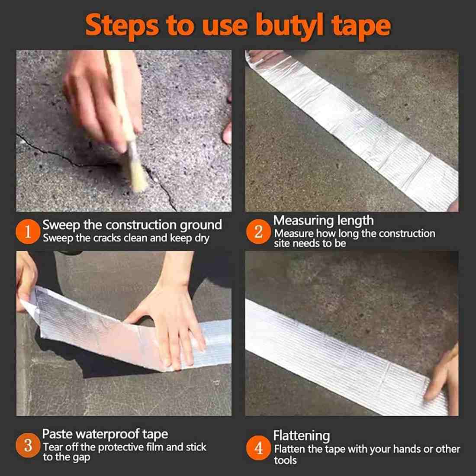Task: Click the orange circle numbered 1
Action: [28, 232]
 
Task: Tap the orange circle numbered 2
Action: [259, 232]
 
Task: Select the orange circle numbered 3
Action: [28, 446]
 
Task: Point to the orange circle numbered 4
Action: [259, 448]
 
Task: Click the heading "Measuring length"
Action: [323, 220]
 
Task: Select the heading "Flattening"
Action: [301, 435]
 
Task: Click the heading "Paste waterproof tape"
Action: [105, 434]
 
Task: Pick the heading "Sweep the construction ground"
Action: [132, 225]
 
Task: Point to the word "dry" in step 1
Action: [202, 238]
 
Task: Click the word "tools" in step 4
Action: [285, 460]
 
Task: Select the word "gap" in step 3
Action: [81, 457]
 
